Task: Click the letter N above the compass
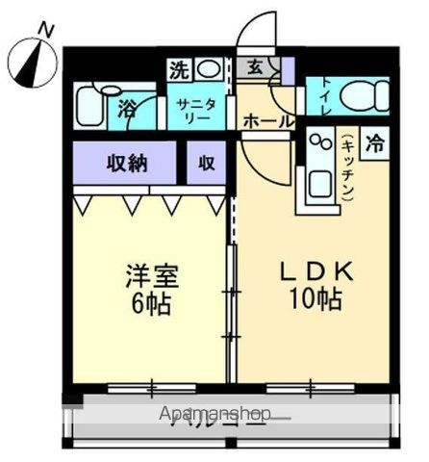[44, 30]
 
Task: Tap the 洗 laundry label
[179, 69]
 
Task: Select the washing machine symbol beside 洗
[208, 69]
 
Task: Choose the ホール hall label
[263, 122]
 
